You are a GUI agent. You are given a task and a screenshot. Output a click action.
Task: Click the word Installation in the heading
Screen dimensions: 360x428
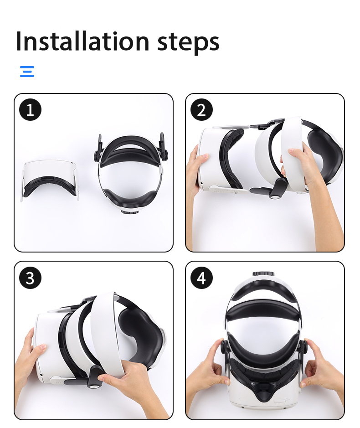(82, 41)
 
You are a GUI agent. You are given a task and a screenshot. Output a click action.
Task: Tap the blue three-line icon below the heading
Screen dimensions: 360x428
(27, 72)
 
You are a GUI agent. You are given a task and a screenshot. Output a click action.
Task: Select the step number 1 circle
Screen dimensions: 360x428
(30, 110)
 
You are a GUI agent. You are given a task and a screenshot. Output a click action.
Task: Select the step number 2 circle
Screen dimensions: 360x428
(201, 110)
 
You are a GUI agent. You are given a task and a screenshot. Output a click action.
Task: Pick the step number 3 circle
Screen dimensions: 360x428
(30, 278)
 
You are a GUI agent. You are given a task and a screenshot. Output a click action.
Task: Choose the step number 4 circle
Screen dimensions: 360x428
(201, 278)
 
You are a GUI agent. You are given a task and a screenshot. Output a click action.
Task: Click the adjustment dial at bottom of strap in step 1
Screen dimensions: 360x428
(129, 211)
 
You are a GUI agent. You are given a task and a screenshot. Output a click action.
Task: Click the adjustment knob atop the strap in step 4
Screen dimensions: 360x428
(263, 274)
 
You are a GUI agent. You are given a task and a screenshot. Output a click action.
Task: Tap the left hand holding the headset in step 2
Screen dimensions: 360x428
(195, 170)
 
